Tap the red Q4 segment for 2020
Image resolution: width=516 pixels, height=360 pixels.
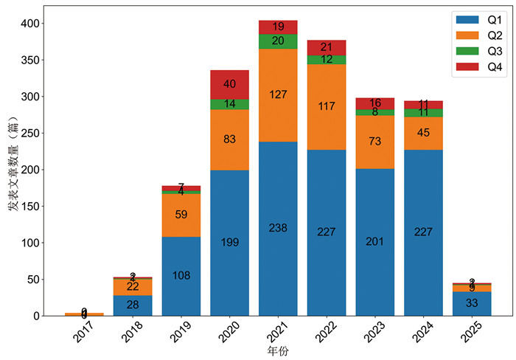[229, 84]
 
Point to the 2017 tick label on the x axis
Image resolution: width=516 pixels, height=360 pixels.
[84, 335]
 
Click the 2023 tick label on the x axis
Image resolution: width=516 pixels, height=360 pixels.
[374, 335]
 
